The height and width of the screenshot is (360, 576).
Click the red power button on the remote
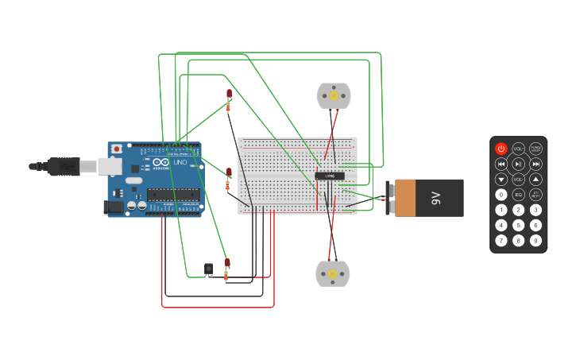[501, 149]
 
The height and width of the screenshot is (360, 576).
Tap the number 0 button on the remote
[501, 195]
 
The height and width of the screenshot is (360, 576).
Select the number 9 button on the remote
[536, 240]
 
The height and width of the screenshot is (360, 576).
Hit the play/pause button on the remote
[519, 164]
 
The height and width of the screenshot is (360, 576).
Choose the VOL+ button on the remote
[519, 149]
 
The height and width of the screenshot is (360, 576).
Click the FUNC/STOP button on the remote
[536, 149]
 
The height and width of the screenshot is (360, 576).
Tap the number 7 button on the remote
[501, 240]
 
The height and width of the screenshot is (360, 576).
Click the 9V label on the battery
[435, 197]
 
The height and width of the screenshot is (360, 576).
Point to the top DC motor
[334, 96]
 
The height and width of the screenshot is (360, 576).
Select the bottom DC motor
[333, 273]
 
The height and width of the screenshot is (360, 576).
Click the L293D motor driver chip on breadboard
[330, 176]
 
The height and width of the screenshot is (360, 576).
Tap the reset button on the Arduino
[117, 149]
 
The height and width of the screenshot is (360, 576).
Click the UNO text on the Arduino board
[180, 161]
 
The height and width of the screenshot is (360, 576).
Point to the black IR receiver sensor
[209, 269]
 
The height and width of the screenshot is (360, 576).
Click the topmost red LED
[230, 94]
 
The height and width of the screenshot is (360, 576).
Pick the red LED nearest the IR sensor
[227, 262]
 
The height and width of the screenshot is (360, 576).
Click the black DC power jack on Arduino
[114, 207]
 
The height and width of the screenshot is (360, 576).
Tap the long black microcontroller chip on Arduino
[172, 195]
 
